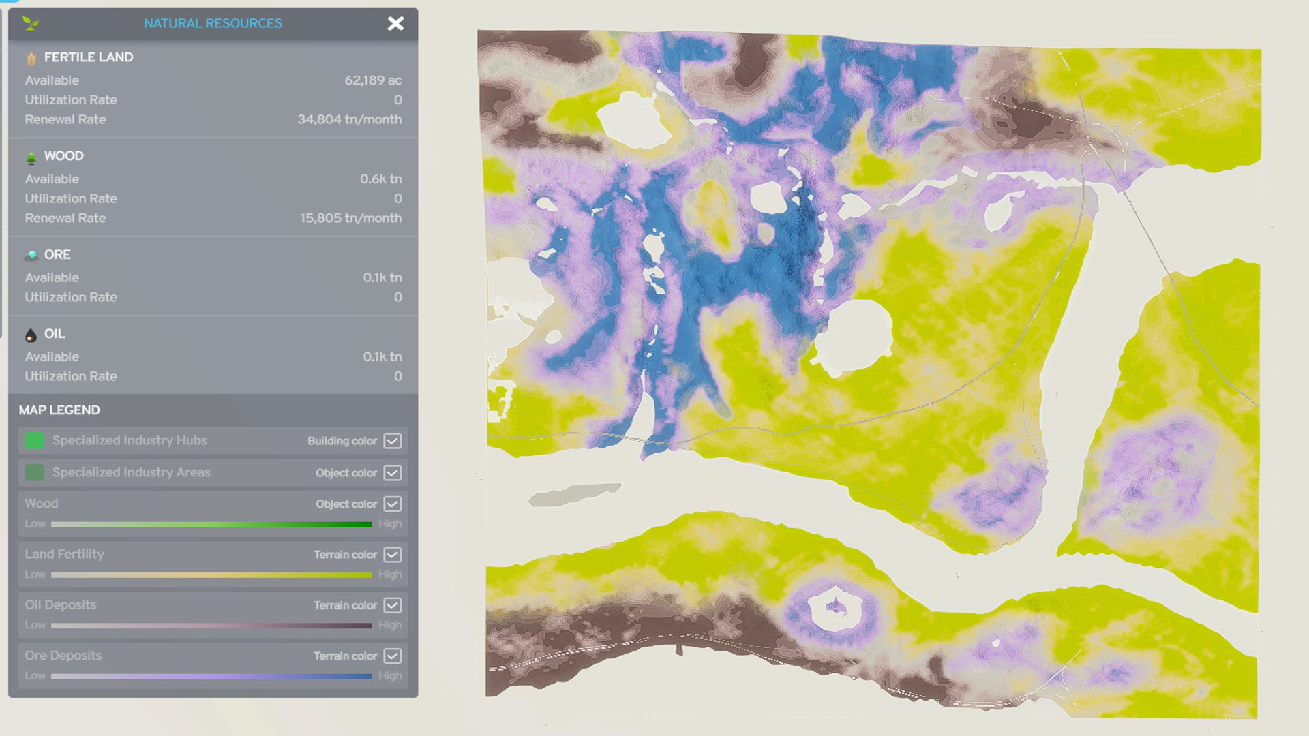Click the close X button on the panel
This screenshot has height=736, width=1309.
[x=395, y=24]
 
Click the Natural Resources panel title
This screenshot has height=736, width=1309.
[x=213, y=23]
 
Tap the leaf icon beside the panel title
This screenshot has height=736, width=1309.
[x=30, y=24]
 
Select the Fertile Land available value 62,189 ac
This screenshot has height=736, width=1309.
[x=372, y=80]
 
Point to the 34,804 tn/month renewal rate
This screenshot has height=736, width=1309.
[x=349, y=119]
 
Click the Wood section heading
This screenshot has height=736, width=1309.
[x=63, y=156]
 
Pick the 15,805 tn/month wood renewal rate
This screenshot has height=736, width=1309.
[x=350, y=218]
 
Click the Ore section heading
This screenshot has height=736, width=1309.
[x=57, y=255]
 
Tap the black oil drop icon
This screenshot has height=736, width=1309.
[x=31, y=335]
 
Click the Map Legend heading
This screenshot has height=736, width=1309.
[x=59, y=410]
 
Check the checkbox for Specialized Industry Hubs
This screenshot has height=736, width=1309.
[x=393, y=441]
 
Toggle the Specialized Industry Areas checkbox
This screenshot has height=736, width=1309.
[x=393, y=473]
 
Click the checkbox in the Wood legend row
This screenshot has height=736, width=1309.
[x=393, y=504]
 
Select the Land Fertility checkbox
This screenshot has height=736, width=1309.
[x=393, y=555]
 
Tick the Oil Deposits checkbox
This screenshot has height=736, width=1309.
[x=393, y=605]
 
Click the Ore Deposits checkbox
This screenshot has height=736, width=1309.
[x=393, y=656]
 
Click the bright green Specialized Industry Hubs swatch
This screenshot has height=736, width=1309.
[x=34, y=441]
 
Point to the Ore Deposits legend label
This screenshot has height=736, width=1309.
[x=63, y=656]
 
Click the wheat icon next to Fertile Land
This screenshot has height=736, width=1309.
[x=31, y=59]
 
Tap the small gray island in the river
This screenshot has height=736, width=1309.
[x=574, y=494]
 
